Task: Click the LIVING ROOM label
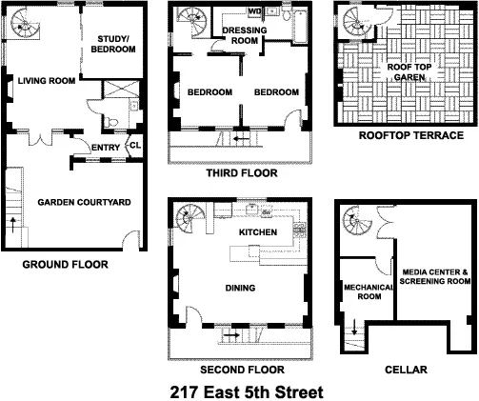click(x=46, y=81)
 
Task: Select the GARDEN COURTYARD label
click(x=85, y=203)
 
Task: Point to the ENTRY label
click(x=105, y=147)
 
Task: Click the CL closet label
click(x=134, y=146)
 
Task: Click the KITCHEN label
click(x=257, y=231)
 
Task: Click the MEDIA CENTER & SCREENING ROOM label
click(x=433, y=275)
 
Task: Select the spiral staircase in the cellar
click(x=356, y=224)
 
